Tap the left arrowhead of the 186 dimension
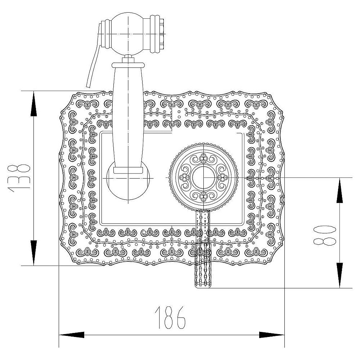[x=72, y=335]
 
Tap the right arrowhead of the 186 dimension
[x=272, y=335]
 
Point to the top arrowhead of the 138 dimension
[x=34, y=104]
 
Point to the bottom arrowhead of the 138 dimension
[x=34, y=253]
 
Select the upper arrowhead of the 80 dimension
[x=340, y=190]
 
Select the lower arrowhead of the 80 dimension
[x=340, y=275]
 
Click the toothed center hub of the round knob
[x=203, y=177]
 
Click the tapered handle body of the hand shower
[x=128, y=120]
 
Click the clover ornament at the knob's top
[x=203, y=158]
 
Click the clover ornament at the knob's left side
[x=184, y=177]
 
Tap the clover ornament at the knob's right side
[x=222, y=177]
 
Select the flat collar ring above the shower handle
[x=128, y=65]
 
